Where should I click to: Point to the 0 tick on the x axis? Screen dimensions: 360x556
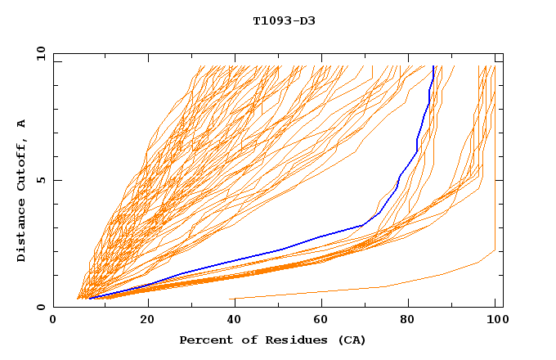53,319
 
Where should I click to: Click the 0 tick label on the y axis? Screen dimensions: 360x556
40,307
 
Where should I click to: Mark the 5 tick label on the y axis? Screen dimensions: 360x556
40,180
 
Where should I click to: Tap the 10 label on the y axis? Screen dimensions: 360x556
38,53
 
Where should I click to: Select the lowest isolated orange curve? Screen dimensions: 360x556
384,286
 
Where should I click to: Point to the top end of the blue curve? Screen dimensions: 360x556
433,66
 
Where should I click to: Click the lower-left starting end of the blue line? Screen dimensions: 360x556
89,298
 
